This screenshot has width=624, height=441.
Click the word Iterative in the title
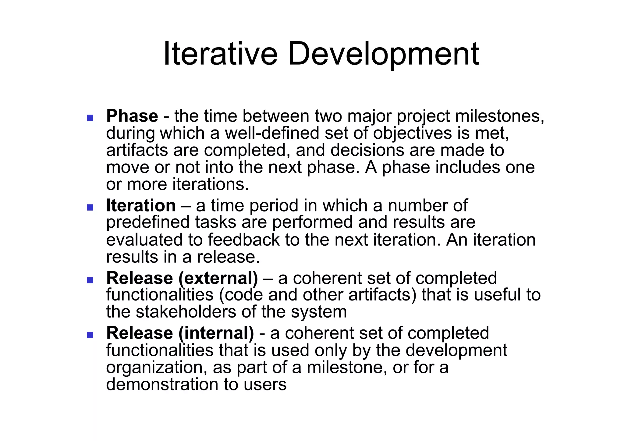click(x=220, y=54)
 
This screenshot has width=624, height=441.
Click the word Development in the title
click(x=383, y=54)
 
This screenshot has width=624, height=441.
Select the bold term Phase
click(x=132, y=116)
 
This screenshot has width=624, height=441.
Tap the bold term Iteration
click(x=141, y=205)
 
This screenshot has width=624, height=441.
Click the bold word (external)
click(x=218, y=278)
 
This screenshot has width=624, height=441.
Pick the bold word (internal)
click(x=216, y=333)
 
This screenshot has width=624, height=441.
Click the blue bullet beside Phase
click(x=90, y=118)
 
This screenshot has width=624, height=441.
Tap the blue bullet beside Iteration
click(x=90, y=207)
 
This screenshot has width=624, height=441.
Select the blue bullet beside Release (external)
click(x=90, y=280)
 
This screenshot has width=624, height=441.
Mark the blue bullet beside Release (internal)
click(x=90, y=335)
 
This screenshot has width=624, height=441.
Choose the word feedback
click(x=243, y=240)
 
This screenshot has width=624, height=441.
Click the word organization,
click(x=154, y=367)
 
